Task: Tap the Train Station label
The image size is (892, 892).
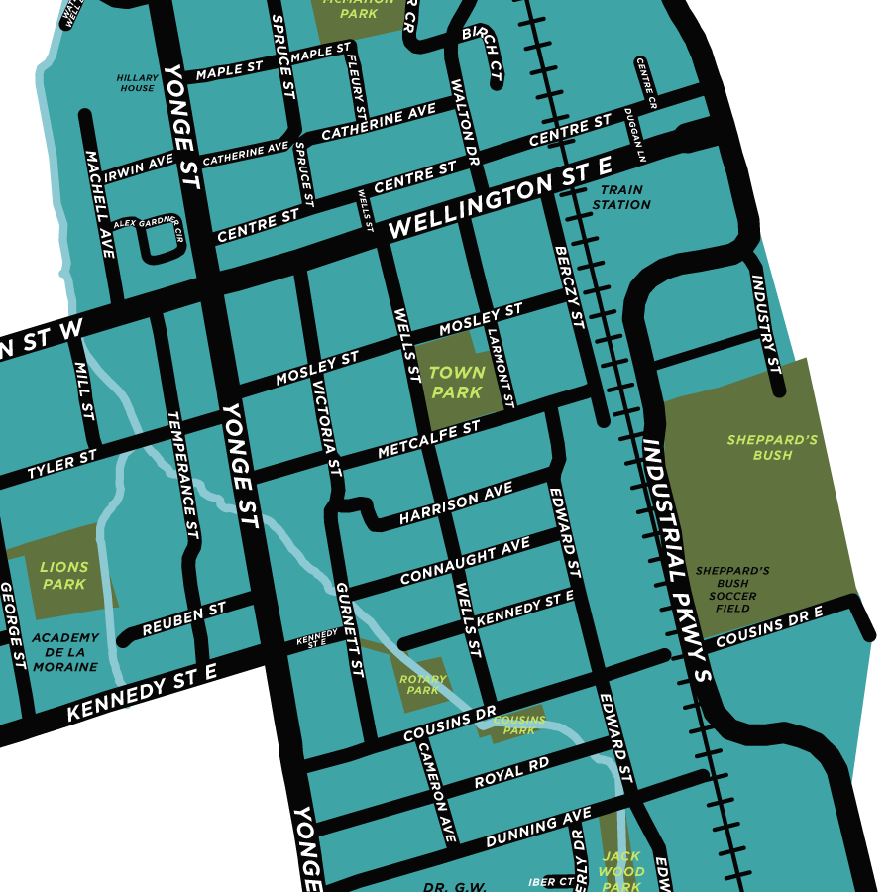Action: click(621, 197)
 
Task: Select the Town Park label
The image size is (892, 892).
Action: click(456, 383)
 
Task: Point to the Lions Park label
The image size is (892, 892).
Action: click(64, 576)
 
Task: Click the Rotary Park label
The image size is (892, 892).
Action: click(423, 684)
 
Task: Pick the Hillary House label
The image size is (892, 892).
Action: click(137, 82)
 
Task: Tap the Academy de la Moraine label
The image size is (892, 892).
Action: click(64, 652)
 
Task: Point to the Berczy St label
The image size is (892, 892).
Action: click(568, 287)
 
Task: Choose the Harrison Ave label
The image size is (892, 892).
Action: click(456, 504)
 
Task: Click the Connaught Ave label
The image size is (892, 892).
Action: click(465, 562)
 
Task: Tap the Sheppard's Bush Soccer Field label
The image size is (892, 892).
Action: click(732, 590)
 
